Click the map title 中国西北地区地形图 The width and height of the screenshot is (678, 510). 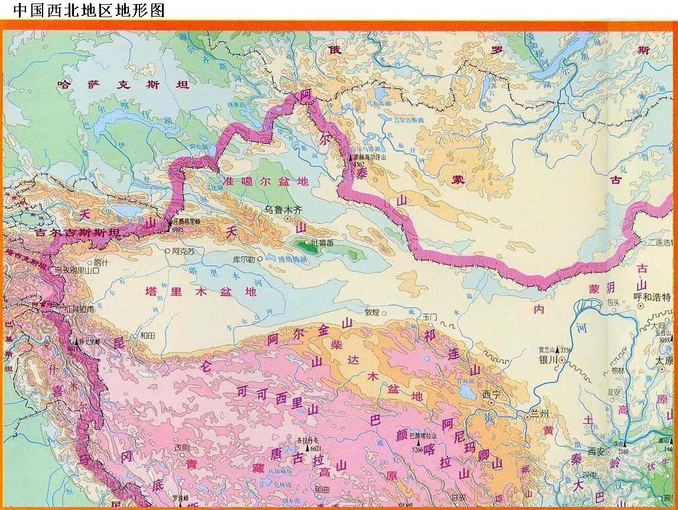(x=89, y=10)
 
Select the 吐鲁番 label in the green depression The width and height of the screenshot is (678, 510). (x=322, y=243)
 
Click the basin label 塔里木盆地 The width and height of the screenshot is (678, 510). (x=202, y=291)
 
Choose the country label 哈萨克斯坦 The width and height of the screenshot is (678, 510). (x=123, y=85)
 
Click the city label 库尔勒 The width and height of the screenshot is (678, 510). (x=243, y=259)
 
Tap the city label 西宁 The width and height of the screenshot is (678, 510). (x=491, y=394)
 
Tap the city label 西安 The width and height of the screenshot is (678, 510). (x=596, y=451)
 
